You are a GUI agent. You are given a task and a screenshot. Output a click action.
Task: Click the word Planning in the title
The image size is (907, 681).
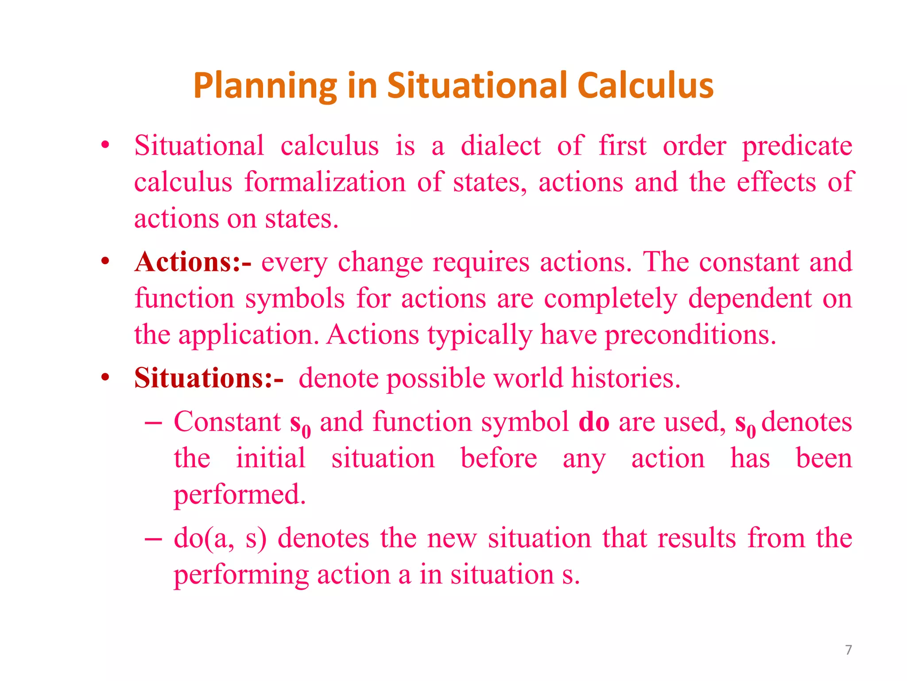(265, 86)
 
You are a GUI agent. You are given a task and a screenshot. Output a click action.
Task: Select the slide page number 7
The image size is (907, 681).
(848, 650)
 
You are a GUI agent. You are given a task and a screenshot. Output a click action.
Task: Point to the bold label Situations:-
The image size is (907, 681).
(209, 378)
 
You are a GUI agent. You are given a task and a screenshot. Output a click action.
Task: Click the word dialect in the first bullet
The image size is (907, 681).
(500, 145)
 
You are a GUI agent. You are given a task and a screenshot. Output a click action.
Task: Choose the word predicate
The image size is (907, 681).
(797, 146)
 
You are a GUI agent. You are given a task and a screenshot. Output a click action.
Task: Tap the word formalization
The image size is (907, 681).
(325, 182)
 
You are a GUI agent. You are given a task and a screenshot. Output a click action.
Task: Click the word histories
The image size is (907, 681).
(625, 378)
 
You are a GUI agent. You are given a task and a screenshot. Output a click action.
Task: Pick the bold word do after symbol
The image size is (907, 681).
(593, 421)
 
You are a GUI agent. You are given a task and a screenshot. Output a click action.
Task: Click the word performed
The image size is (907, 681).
(240, 495)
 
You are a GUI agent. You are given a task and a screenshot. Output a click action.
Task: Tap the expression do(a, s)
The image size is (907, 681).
(220, 538)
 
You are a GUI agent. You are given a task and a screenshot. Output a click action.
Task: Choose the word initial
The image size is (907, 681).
(271, 458)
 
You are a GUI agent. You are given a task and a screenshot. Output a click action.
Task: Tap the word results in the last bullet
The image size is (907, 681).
(697, 538)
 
